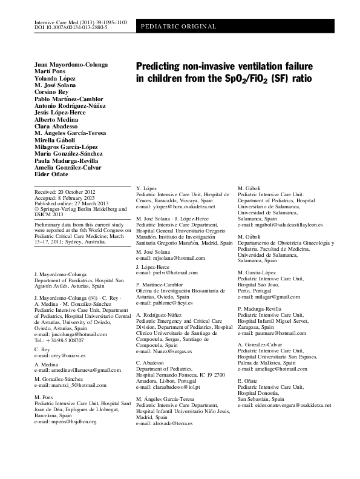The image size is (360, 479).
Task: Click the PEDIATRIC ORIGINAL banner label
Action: pyautogui.click(x=179, y=27)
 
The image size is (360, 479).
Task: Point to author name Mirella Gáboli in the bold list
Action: pyautogui.click(x=53, y=140)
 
